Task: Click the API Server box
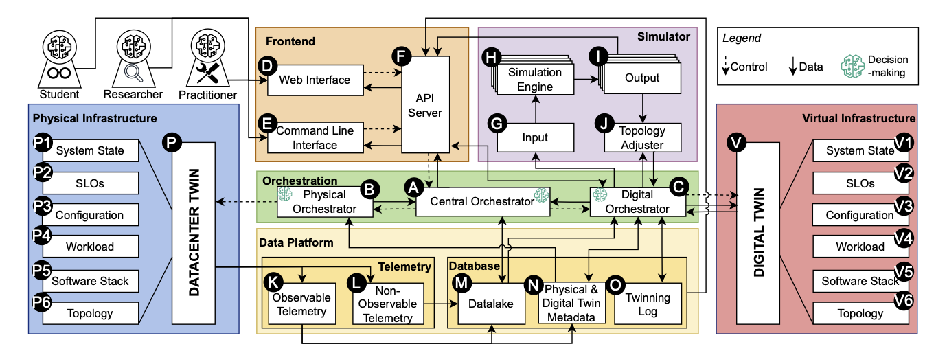(x=425, y=104)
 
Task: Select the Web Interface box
(x=315, y=80)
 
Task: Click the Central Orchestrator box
(x=482, y=202)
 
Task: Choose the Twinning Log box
(x=648, y=304)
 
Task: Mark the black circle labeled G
(x=496, y=124)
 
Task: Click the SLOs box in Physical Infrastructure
(x=90, y=183)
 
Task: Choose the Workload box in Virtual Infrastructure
(x=859, y=247)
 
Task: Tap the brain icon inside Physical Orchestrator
(x=285, y=196)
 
